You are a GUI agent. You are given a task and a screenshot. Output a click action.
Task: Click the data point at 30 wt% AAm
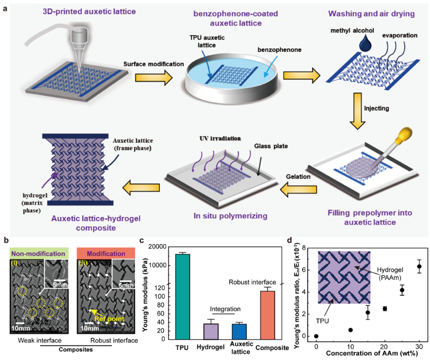point(419,266)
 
